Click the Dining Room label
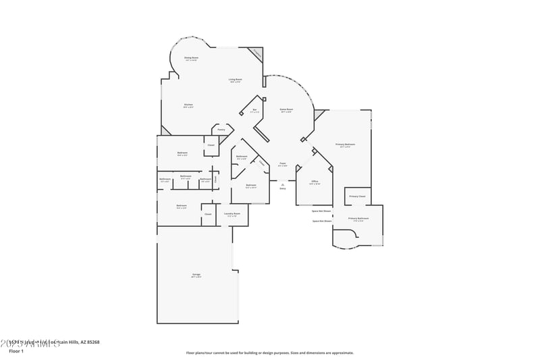pos(191,59)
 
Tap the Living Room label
pos(235,80)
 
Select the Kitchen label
pos(188,105)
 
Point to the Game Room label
pos(286,109)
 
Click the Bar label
pos(254,110)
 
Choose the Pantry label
pos(221,129)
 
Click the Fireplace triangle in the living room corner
pos(256,53)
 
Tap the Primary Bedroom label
pos(345,145)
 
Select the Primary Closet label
pos(357,197)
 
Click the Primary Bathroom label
pos(358,219)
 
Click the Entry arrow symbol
pos(283,184)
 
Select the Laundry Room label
pos(232,214)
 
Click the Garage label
pos(196,275)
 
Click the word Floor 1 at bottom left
pos(16,351)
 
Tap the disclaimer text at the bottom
pos(269,353)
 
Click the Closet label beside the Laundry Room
pos(208,214)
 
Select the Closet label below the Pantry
pos(211,145)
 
